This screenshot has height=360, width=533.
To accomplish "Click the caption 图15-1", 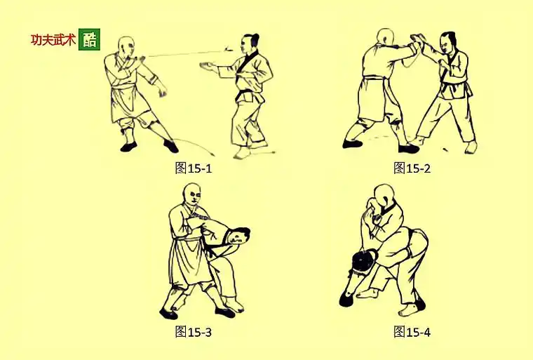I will (x=193, y=168).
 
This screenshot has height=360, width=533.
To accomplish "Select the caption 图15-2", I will (x=412, y=168).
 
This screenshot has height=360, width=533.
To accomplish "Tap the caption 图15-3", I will (x=193, y=332).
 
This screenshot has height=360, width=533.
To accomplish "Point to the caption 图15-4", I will (x=412, y=332).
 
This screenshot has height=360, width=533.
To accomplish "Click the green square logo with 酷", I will (x=89, y=39).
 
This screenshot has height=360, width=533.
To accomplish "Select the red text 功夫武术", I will (x=53, y=40).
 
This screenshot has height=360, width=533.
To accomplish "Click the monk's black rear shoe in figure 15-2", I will (x=353, y=143).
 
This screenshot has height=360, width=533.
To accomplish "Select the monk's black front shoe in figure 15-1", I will (x=170, y=146).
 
